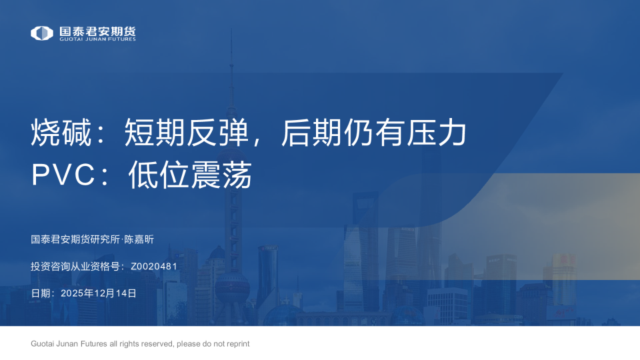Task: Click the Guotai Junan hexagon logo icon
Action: pos(42,33)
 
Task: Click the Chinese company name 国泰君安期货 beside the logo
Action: pos(97,31)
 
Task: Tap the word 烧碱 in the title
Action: pos(55,134)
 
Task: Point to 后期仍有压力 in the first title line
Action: pos(373,134)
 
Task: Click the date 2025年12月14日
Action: pos(99,293)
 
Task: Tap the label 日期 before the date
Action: pos(40,293)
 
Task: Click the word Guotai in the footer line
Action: pos(43,344)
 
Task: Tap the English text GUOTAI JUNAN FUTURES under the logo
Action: pos(97,39)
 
